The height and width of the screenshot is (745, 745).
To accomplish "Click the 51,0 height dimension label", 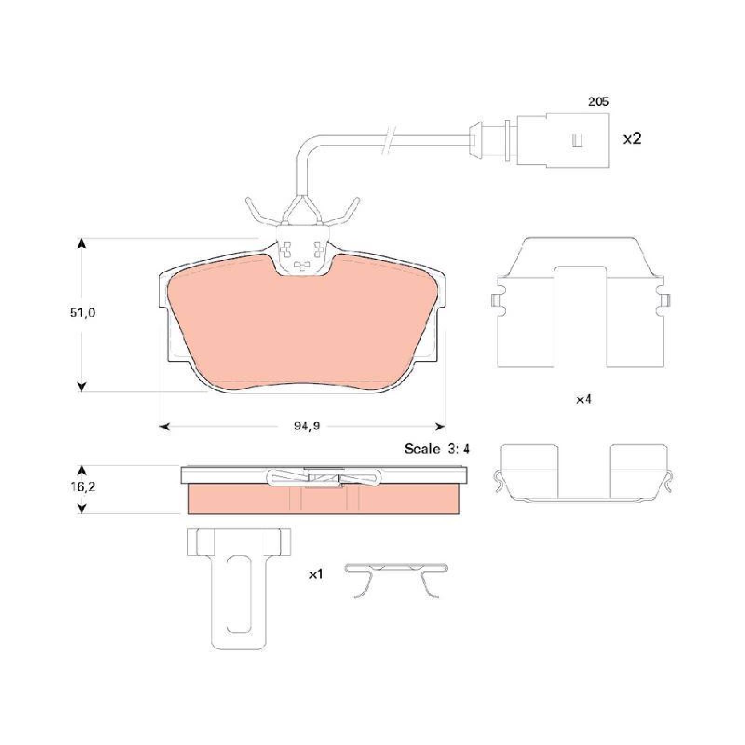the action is pos(82,313).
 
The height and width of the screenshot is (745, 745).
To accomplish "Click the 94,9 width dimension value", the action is pos(307,426).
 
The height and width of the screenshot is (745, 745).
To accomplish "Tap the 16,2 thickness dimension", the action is pos(82,487).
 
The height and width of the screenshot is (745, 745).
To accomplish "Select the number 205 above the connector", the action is pos(598,102).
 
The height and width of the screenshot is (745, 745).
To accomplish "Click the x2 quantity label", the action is pos(632,139).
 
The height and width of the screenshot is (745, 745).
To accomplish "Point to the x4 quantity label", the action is pos(584,399).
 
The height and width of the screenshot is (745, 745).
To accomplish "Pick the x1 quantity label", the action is pos(316,575).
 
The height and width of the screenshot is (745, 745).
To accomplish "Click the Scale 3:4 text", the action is pos(437,449).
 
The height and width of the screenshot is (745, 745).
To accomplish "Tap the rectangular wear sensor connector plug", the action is pos(563,140).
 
